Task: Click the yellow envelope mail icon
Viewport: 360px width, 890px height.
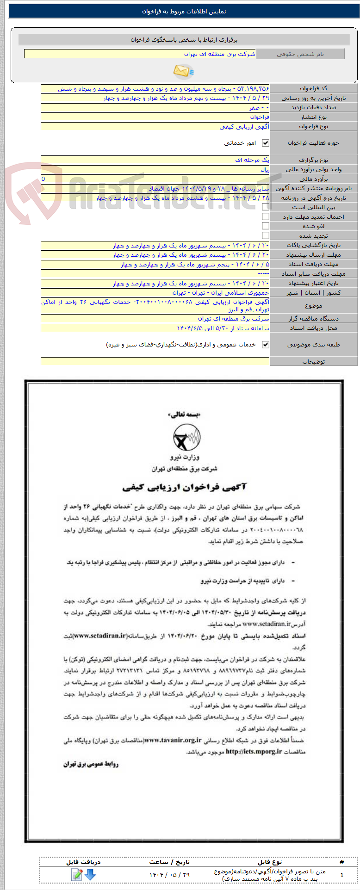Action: tap(183, 71)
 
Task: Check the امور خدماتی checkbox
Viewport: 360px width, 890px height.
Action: tap(266, 143)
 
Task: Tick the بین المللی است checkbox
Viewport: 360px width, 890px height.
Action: tap(266, 207)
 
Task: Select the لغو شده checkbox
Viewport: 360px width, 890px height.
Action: tap(266, 226)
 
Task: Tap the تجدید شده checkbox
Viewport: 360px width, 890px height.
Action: tap(266, 235)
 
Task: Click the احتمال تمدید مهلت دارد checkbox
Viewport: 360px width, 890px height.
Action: tap(266, 216)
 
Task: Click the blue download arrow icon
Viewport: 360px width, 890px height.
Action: tap(90, 874)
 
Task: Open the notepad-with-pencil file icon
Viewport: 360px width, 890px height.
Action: tap(76, 874)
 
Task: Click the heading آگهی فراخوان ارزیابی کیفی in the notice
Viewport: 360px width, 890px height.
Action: tap(184, 487)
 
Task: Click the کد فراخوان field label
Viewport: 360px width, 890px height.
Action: tap(313, 88)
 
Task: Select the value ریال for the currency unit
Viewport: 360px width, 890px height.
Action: tap(264, 169)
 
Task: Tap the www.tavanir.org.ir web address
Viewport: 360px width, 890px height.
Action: tap(173, 741)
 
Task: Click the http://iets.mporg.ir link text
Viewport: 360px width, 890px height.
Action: tap(254, 752)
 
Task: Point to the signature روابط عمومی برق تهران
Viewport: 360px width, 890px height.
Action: tap(91, 764)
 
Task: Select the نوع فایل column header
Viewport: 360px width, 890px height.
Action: tap(270, 862)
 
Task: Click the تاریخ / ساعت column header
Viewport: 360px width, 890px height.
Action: tap(169, 862)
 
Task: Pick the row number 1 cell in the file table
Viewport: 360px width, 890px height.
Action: tap(341, 875)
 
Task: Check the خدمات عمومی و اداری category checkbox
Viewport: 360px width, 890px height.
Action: tap(266, 345)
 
